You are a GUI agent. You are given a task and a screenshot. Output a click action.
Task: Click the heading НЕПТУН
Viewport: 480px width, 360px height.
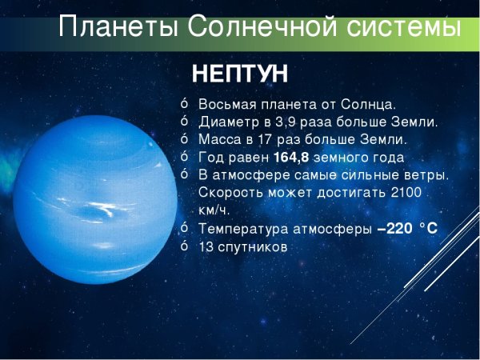tap(240, 74)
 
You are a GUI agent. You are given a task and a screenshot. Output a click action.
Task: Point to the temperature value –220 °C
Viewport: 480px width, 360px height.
tap(407, 229)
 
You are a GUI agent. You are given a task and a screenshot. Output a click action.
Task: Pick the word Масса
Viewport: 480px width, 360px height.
tap(218, 140)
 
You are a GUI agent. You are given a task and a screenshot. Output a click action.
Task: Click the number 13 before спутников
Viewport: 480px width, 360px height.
tap(206, 247)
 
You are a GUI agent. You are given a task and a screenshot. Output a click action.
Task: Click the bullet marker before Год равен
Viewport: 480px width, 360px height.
tap(183, 157)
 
